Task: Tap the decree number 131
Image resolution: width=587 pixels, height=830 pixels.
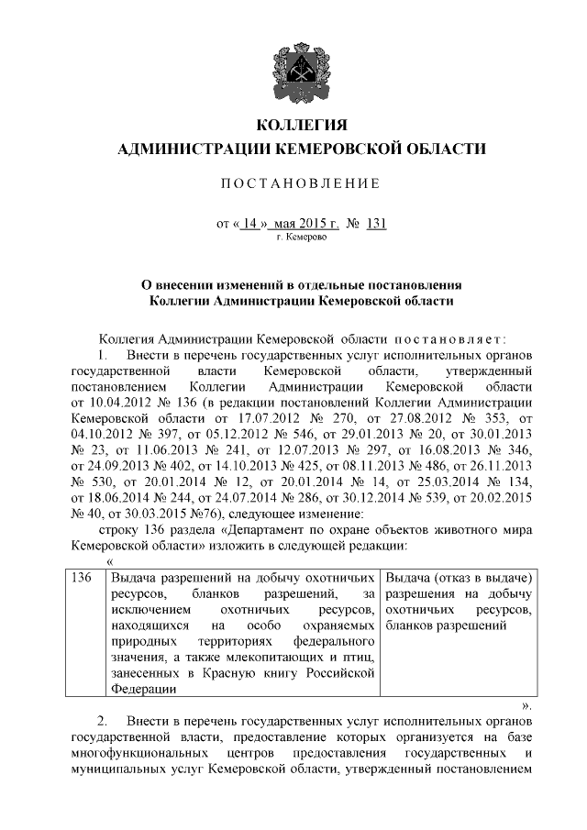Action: pos(374,223)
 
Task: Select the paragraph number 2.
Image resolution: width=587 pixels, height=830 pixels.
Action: pos(102,723)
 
